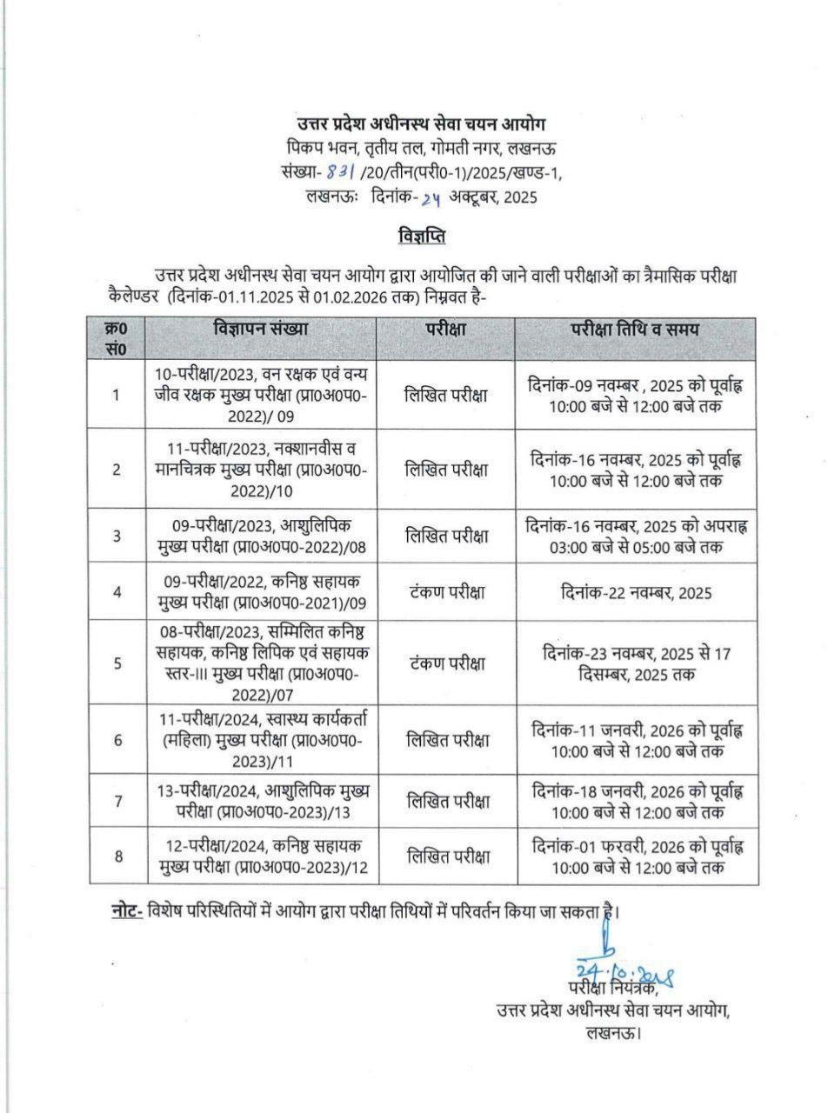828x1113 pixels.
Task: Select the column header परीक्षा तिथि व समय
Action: (x=635, y=330)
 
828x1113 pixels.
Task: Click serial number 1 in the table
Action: (x=117, y=395)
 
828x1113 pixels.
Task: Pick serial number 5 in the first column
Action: (x=117, y=663)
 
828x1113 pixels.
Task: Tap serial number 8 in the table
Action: (x=117, y=856)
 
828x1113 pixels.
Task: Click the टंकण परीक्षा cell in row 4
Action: (x=446, y=592)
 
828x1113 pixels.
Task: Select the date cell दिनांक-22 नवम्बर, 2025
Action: (x=636, y=592)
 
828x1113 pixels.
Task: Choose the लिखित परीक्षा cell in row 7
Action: (x=446, y=802)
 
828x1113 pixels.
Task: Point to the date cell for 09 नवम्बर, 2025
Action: (x=636, y=395)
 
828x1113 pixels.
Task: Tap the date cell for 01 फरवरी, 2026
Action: (x=636, y=856)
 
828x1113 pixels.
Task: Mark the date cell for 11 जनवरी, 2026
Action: (x=636, y=740)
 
